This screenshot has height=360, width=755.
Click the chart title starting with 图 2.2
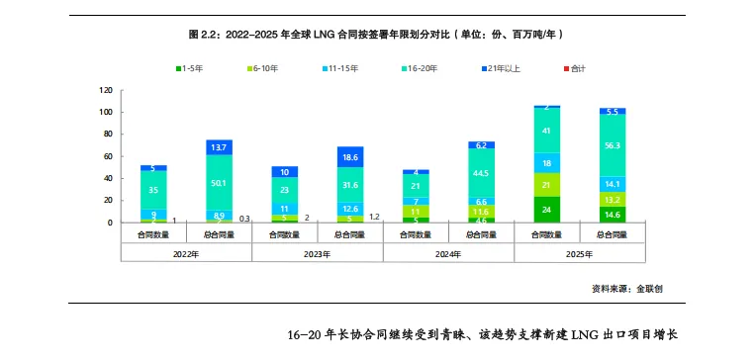pyautogui.click(x=377, y=34)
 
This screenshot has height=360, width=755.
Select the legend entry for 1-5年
pyautogui.click(x=192, y=68)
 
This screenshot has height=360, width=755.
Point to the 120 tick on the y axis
pyautogui.click(x=104, y=90)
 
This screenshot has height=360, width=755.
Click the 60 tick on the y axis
pyautogui.click(x=106, y=156)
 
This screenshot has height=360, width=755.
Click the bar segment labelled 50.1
pyautogui.click(x=219, y=182)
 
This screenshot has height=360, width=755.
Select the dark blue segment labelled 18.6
pyautogui.click(x=350, y=157)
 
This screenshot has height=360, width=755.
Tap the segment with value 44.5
pyautogui.click(x=481, y=173)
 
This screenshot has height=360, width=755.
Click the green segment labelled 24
pyautogui.click(x=546, y=210)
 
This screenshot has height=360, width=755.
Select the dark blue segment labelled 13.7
pyautogui.click(x=219, y=146)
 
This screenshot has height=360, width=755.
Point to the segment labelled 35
pyautogui.click(x=153, y=189)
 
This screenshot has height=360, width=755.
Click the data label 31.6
pyautogui.click(x=350, y=184)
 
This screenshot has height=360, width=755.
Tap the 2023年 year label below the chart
pyautogui.click(x=317, y=252)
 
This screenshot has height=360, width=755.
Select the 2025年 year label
pyautogui.click(x=579, y=252)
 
